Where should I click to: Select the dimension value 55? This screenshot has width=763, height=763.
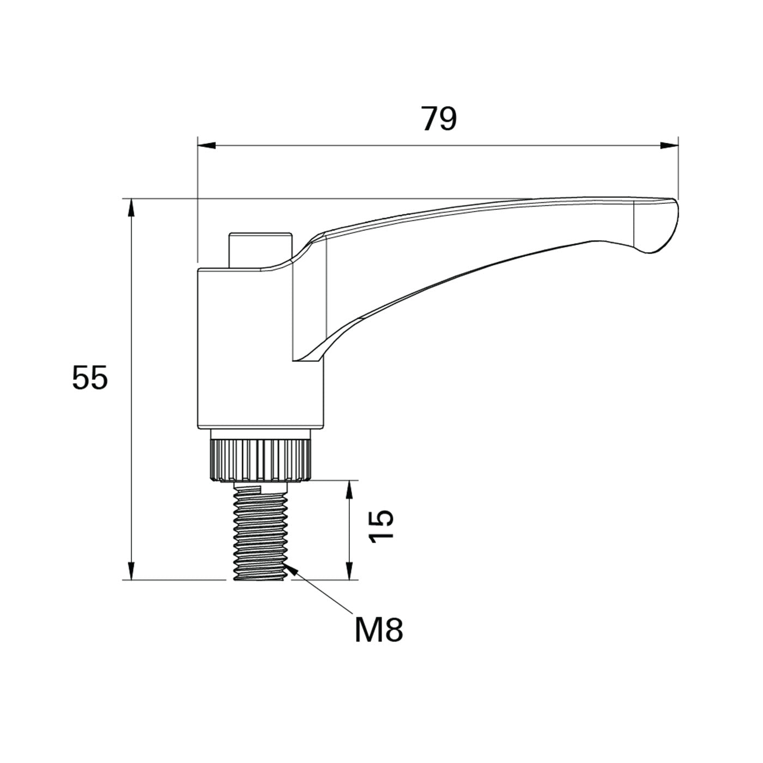(x=90, y=378)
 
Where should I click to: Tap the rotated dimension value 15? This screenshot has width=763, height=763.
(x=381, y=526)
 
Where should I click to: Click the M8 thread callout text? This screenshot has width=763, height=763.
(x=379, y=630)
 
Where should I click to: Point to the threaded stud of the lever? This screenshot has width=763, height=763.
(x=259, y=531)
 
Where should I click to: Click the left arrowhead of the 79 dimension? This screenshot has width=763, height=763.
(x=207, y=146)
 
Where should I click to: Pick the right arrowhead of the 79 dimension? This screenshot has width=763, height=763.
(x=669, y=146)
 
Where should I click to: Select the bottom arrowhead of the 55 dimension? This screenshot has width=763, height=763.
(x=130, y=571)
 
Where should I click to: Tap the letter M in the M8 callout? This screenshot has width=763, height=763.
(x=367, y=630)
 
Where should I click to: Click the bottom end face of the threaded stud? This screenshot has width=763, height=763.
(x=259, y=579)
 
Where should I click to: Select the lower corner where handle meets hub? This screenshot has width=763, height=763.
(x=294, y=360)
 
